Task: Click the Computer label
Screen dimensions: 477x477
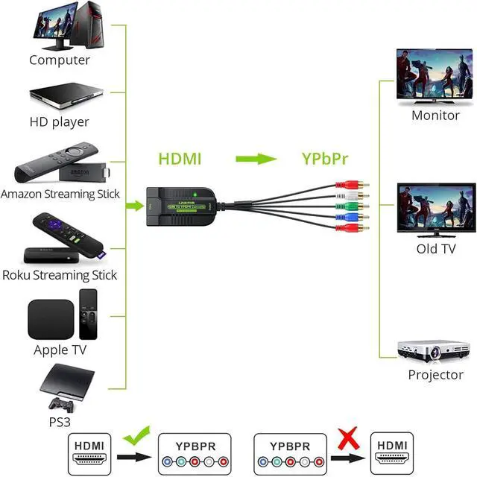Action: [x=60, y=60]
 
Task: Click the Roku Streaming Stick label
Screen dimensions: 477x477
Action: [x=60, y=275]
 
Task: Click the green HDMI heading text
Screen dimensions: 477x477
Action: [x=180, y=159]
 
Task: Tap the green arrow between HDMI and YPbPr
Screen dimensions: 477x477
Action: [x=252, y=159]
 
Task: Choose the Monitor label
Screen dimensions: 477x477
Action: [x=436, y=116]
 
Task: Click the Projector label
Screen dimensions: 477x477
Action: [x=436, y=375]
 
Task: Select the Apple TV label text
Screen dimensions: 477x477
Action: [x=60, y=350]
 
